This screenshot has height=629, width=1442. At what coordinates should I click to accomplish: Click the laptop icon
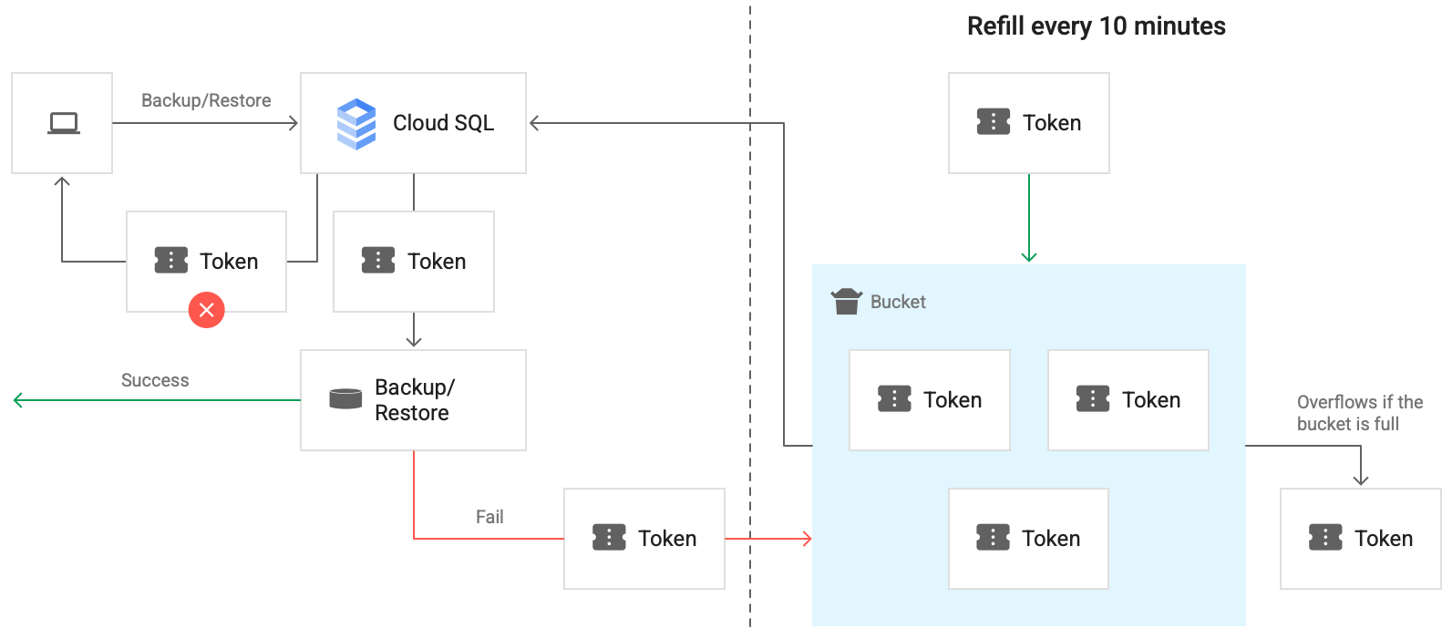pyautogui.click(x=63, y=123)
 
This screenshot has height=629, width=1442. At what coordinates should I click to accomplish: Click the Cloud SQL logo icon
pyautogui.click(x=356, y=124)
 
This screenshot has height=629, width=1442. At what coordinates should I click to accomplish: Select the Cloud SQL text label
pyautogui.click(x=443, y=123)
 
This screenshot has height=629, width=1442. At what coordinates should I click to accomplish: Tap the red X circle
pyautogui.click(x=207, y=310)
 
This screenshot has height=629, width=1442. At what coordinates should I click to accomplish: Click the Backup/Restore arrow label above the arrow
pyautogui.click(x=206, y=101)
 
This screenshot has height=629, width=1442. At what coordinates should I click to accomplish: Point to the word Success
pyautogui.click(x=155, y=381)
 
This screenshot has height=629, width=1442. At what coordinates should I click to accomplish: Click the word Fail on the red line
pyautogui.click(x=489, y=518)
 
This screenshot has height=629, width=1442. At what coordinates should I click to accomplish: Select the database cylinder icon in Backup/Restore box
pyautogui.click(x=345, y=399)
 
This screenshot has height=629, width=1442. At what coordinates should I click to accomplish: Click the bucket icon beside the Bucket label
pyautogui.click(x=847, y=301)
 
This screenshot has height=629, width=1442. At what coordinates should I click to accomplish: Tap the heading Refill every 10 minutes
pyautogui.click(x=1096, y=26)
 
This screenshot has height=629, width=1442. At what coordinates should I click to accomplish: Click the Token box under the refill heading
pyautogui.click(x=1028, y=123)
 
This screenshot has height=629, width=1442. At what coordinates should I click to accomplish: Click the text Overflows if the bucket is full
pyautogui.click(x=1359, y=413)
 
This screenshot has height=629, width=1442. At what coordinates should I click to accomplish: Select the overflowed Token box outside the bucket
pyautogui.click(x=1360, y=539)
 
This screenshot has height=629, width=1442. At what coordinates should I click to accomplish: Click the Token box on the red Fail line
pyautogui.click(x=644, y=539)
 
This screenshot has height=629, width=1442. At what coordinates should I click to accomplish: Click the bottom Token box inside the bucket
pyautogui.click(x=1028, y=539)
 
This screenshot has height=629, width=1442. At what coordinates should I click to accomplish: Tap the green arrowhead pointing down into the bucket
pyautogui.click(x=1029, y=257)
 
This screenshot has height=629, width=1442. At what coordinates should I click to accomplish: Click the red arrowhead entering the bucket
pyautogui.click(x=807, y=539)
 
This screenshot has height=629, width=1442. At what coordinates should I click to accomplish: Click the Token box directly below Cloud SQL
pyautogui.click(x=413, y=262)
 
